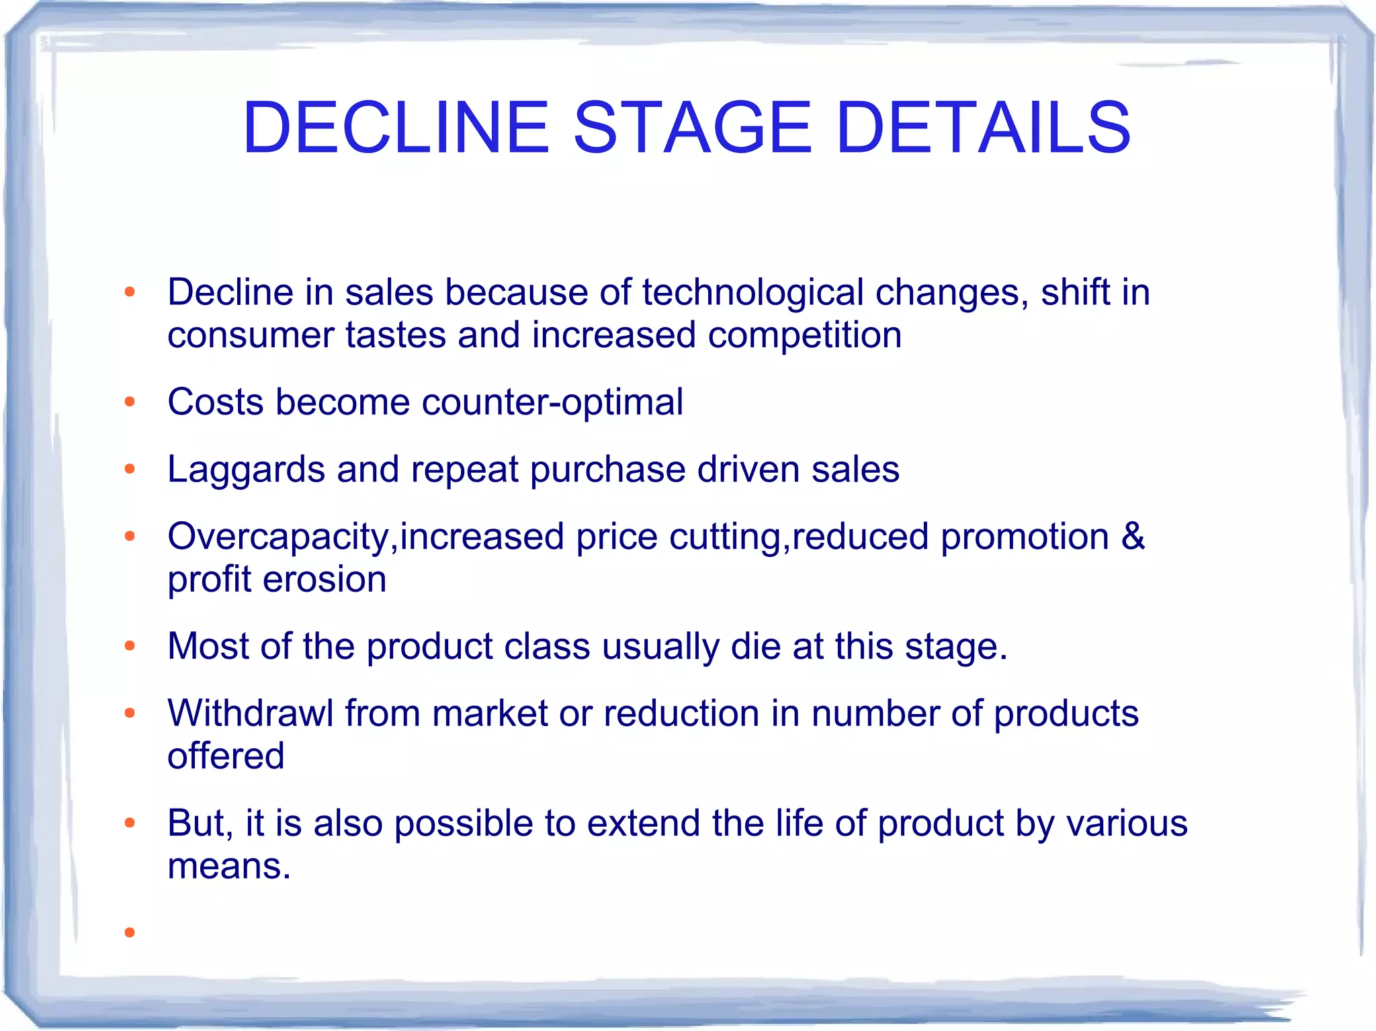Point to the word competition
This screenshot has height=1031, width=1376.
click(x=804, y=335)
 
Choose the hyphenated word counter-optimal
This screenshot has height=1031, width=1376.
click(x=552, y=402)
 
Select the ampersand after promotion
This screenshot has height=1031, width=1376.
click(x=1133, y=537)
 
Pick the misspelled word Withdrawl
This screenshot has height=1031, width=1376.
click(x=250, y=713)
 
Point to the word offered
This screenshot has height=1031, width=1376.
click(x=226, y=756)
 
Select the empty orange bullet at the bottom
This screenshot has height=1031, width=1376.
click(x=130, y=932)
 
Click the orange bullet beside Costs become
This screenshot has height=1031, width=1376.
click(x=130, y=402)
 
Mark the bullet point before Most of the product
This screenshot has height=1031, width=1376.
click(x=130, y=646)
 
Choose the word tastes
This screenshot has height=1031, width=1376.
click(x=396, y=335)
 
